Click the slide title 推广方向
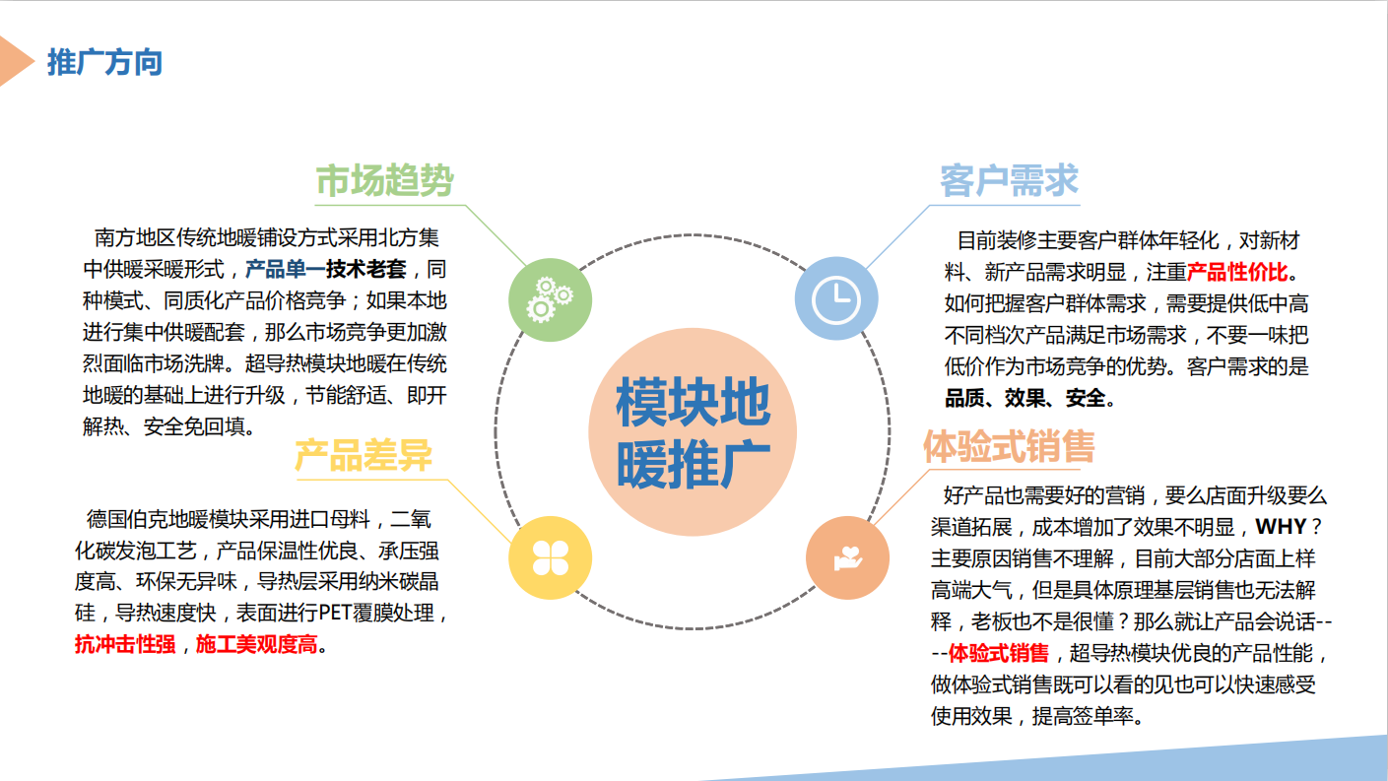pyautogui.click(x=104, y=63)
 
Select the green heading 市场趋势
pyautogui.click(x=385, y=180)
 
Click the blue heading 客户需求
pyautogui.click(x=1010, y=181)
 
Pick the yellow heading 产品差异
pyautogui.click(x=364, y=455)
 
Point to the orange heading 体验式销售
pyautogui.click(x=1010, y=446)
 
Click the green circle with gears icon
pyautogui.click(x=551, y=299)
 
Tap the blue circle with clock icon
pyautogui.click(x=836, y=298)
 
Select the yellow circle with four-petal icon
pyautogui.click(x=551, y=557)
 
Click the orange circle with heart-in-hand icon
pyautogui.click(x=847, y=557)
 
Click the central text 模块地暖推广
pyautogui.click(x=693, y=432)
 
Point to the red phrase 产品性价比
pyautogui.click(x=1237, y=271)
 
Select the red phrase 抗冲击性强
pyautogui.click(x=125, y=644)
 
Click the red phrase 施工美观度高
pyautogui.click(x=256, y=644)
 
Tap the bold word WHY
pyautogui.click(x=1281, y=527)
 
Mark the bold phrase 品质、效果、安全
pyautogui.click(x=1024, y=398)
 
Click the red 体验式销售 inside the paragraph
pyautogui.click(x=999, y=653)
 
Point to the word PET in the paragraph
pyautogui.click(x=335, y=614)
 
